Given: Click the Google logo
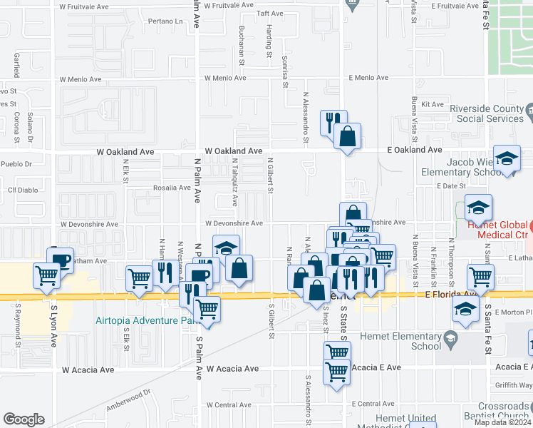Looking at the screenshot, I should (x=24, y=419).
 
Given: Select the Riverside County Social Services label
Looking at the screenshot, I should (x=487, y=113).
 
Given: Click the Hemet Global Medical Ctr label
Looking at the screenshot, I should (x=499, y=230).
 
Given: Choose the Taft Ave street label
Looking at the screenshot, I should (x=269, y=14).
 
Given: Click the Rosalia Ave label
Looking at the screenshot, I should (x=172, y=188).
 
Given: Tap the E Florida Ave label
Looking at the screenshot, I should (x=451, y=294).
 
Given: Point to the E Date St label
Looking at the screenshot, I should (x=450, y=185).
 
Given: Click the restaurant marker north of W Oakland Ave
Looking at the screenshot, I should (x=333, y=122).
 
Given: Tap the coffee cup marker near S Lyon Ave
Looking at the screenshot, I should (x=60, y=258).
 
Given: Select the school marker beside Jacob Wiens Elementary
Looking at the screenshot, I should (x=506, y=158).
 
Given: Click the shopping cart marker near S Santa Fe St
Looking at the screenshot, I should (x=480, y=275).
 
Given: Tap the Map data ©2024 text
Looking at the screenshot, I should (x=502, y=422).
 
